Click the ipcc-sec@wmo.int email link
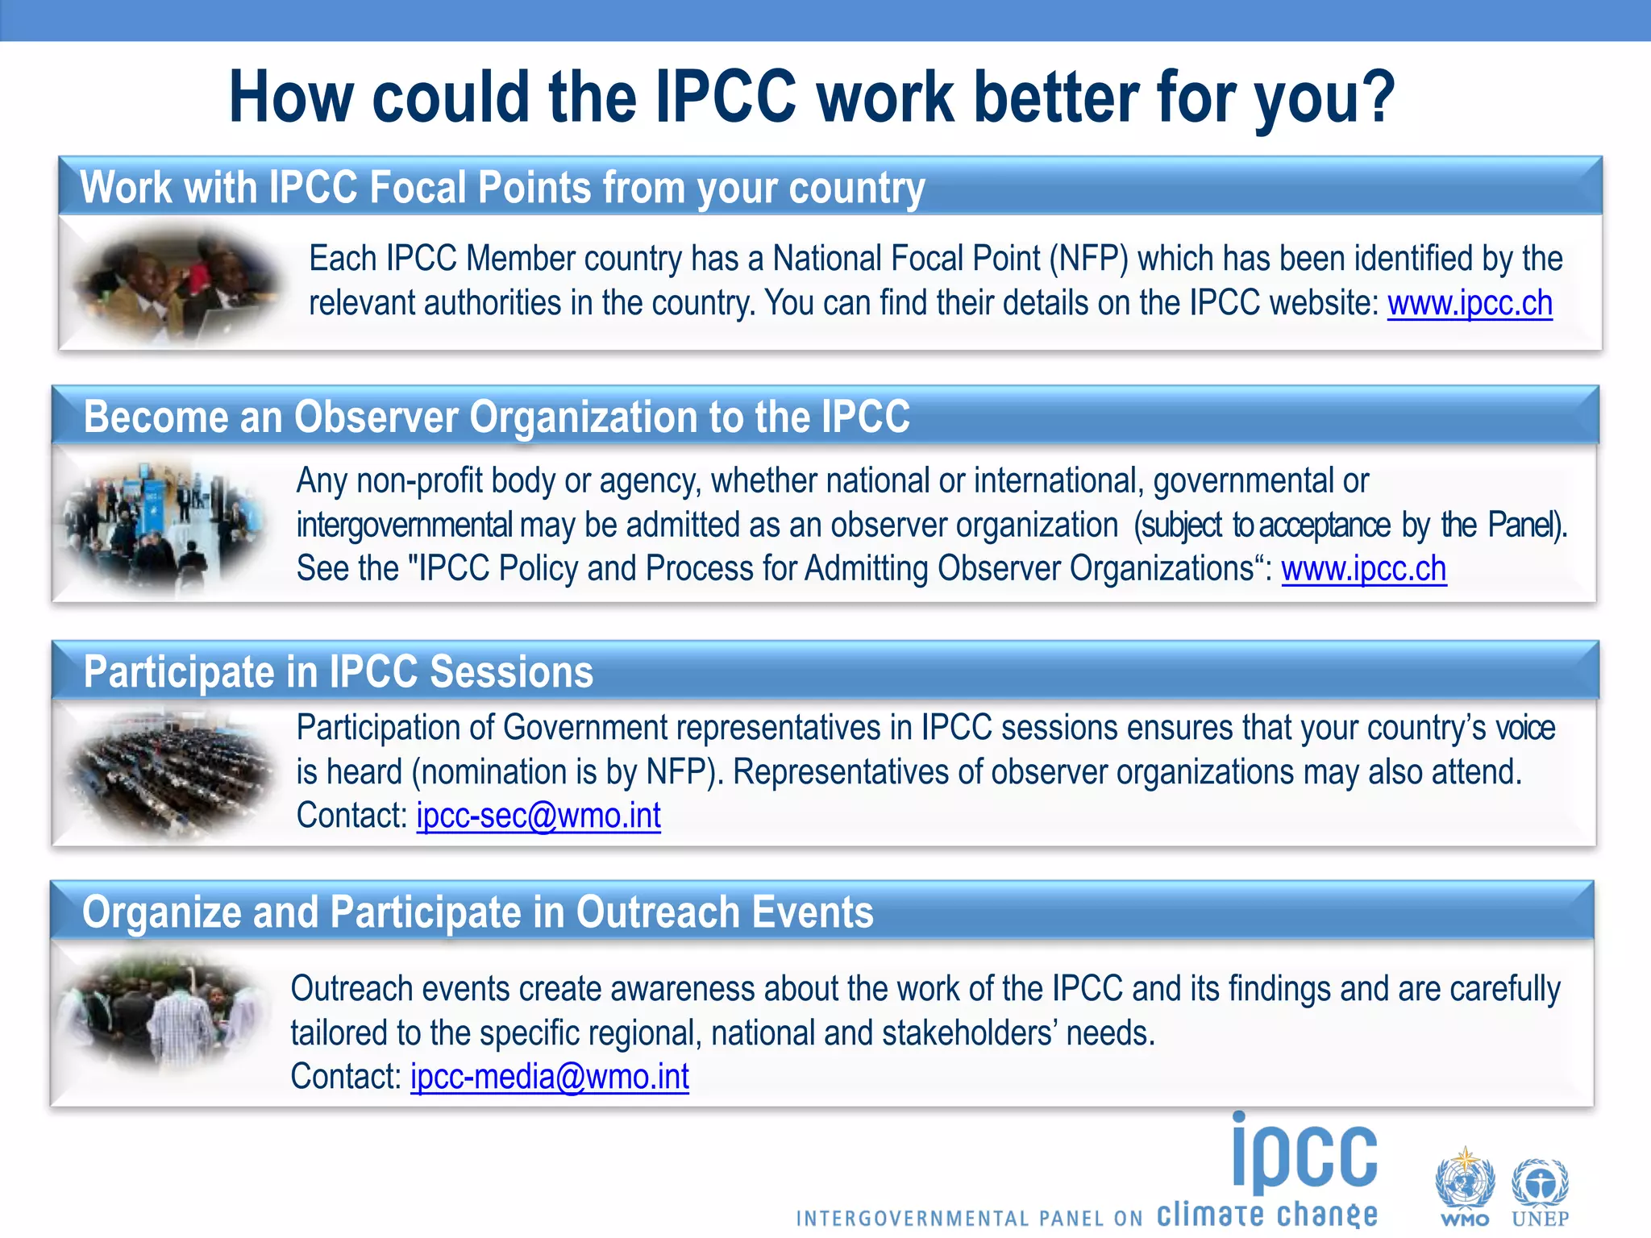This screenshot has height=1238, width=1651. (x=539, y=816)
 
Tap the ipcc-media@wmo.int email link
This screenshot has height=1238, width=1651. (x=550, y=1077)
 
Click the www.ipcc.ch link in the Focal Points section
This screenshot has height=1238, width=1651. (x=1470, y=304)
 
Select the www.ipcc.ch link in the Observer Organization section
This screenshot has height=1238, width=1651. (x=1363, y=569)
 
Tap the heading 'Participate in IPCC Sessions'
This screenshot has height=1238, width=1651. (x=339, y=672)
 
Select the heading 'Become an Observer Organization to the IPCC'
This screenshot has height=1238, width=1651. (x=497, y=418)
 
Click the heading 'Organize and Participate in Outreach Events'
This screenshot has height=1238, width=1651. (x=477, y=912)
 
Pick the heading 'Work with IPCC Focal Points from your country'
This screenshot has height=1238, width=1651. (x=501, y=189)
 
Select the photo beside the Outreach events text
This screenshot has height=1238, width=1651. (x=165, y=1014)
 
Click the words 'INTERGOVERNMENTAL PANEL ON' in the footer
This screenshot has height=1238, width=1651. (x=969, y=1218)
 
